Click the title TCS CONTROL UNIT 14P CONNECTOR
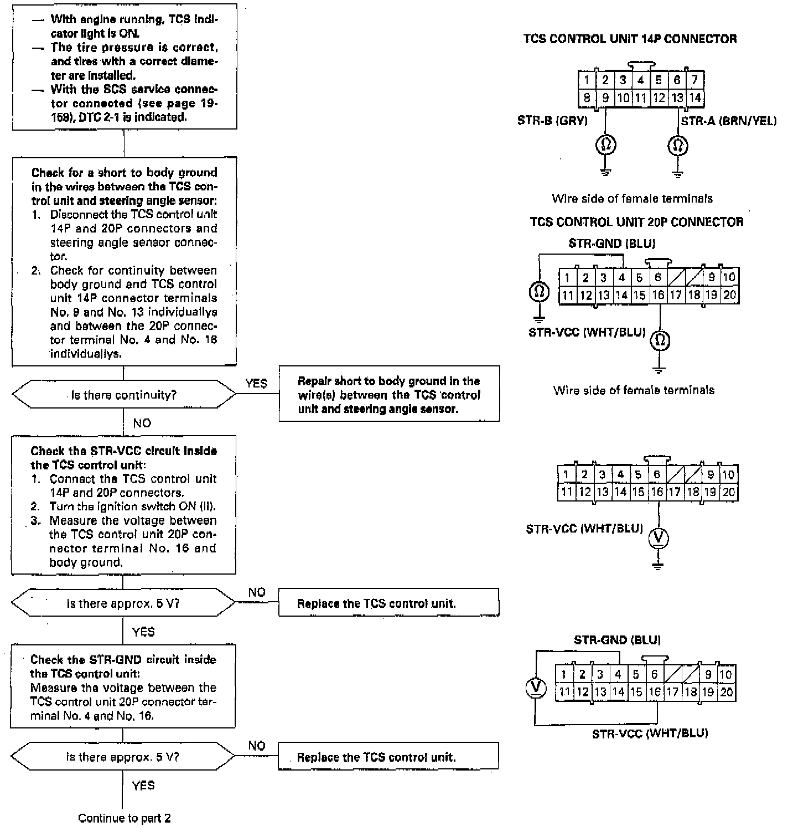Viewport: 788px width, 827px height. pyautogui.click(x=630, y=39)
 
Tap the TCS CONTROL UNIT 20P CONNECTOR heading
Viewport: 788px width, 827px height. pyautogui.click(x=636, y=223)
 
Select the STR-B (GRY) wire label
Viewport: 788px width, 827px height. pyautogui.click(x=552, y=121)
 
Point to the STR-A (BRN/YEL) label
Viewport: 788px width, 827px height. pyautogui.click(x=728, y=121)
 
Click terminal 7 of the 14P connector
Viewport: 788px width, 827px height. pyautogui.click(x=694, y=80)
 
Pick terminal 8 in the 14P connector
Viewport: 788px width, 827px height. pyautogui.click(x=587, y=98)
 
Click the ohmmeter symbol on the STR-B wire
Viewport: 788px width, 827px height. pyautogui.click(x=605, y=146)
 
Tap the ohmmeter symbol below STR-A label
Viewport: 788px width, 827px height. pyautogui.click(x=678, y=146)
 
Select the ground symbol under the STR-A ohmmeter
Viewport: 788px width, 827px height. pyautogui.click(x=678, y=173)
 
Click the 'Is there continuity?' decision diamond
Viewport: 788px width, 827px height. pyautogui.click(x=123, y=395)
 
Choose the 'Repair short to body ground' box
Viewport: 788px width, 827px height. pyautogui.click(x=388, y=395)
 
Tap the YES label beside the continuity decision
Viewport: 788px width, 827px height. pyautogui.click(x=256, y=384)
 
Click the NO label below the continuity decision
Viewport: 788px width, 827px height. pyautogui.click(x=142, y=423)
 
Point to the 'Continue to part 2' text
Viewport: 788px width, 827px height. pyautogui.click(x=124, y=818)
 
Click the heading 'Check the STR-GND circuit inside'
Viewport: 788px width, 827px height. pyautogui.click(x=123, y=660)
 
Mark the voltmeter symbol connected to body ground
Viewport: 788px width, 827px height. pyautogui.click(x=658, y=537)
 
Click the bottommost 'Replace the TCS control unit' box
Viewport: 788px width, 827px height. pyautogui.click(x=388, y=757)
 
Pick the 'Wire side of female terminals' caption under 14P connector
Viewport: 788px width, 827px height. pyautogui.click(x=632, y=198)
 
